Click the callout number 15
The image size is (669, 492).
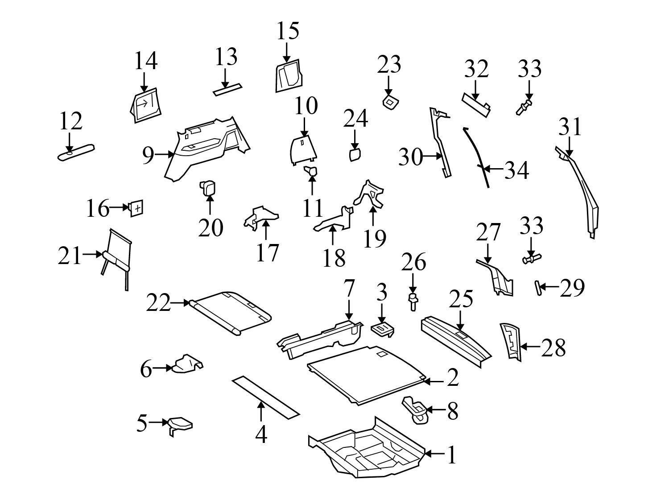[288, 31]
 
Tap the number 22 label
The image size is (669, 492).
[158, 304]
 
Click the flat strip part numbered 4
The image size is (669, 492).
[266, 395]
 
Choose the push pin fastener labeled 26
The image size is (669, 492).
[413, 302]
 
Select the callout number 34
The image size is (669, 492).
[516, 170]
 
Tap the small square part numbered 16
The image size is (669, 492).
[136, 208]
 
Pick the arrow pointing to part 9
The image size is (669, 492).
[165, 154]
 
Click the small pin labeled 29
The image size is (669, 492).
[538, 287]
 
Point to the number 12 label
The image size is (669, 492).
[70, 120]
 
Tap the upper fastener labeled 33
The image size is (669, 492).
[524, 107]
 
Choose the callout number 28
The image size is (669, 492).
[553, 347]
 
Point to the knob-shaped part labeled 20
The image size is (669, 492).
[208, 187]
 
